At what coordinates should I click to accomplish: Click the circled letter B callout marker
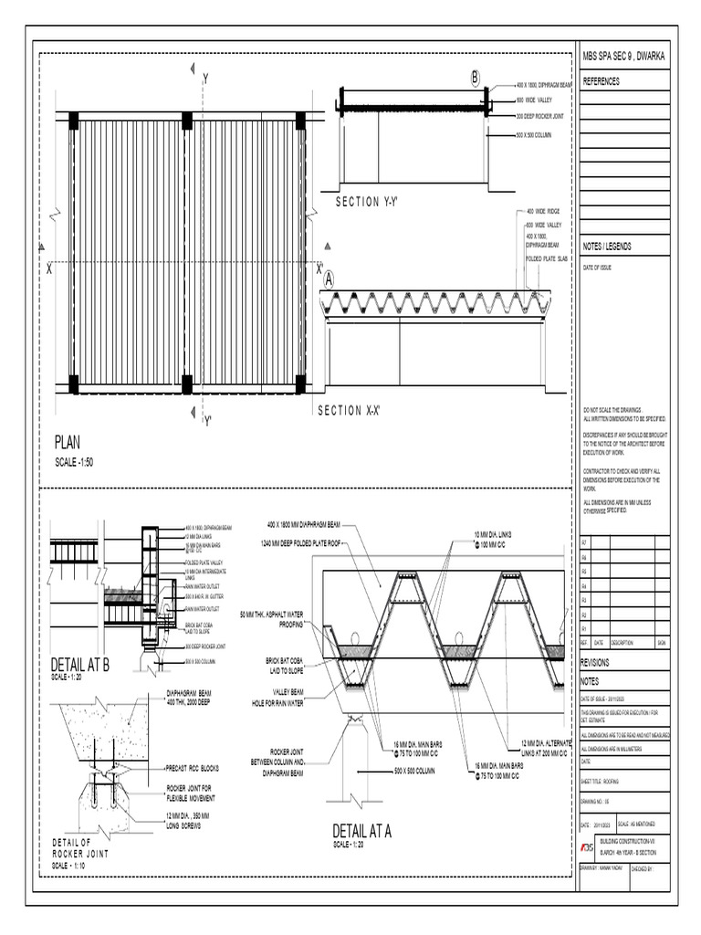pyautogui.click(x=475, y=79)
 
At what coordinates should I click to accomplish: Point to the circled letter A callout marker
pyautogui.click(x=328, y=278)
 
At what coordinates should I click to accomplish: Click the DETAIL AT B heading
pyautogui.click(x=80, y=664)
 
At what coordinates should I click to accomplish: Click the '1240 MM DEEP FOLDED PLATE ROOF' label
pyautogui.click(x=310, y=542)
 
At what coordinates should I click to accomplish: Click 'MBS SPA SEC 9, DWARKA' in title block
pyautogui.click(x=624, y=57)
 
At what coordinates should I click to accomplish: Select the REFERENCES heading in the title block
pyautogui.click(x=602, y=81)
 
